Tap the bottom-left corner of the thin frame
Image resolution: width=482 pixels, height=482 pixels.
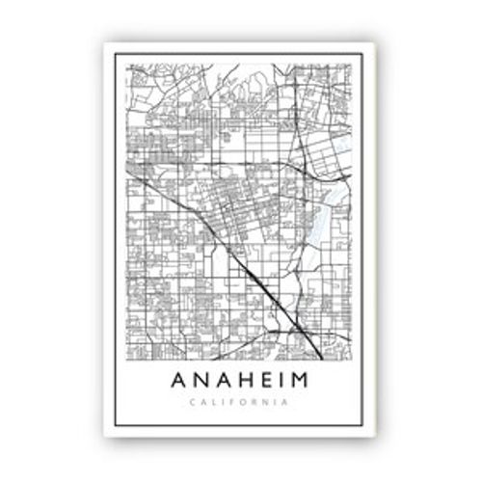[x=115, y=425]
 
